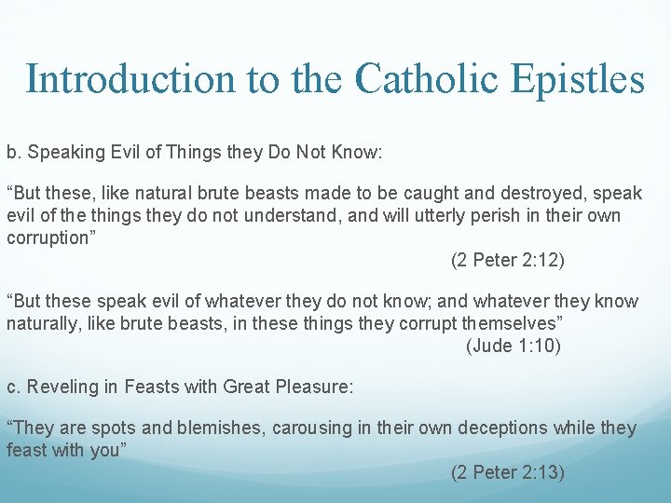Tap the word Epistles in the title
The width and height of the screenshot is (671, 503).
[x=578, y=79]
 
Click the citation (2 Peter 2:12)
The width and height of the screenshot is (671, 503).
[x=507, y=260]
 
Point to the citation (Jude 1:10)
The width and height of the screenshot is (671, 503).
[x=513, y=346]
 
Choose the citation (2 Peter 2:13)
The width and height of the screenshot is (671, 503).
[x=507, y=472]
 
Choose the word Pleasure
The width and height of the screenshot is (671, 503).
[x=313, y=387]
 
